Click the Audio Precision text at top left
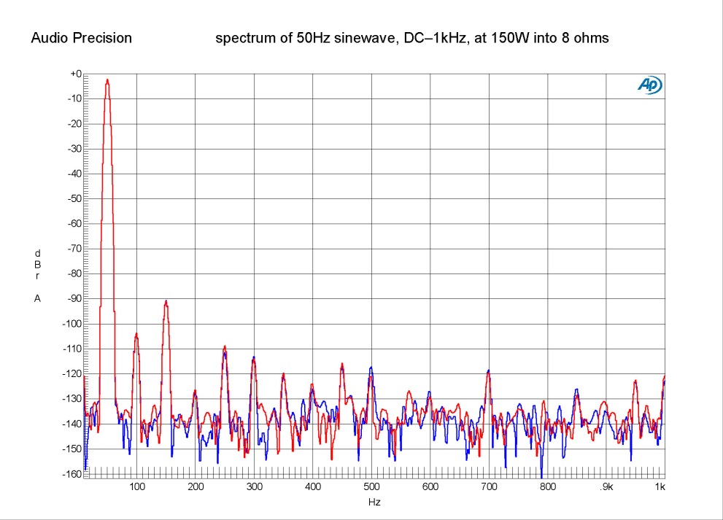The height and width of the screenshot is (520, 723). coord(81,38)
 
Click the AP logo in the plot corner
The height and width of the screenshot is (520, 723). coord(649,85)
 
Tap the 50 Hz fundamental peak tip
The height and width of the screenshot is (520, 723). coord(107,79)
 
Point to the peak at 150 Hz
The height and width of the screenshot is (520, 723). coord(166,300)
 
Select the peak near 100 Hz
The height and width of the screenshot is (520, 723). coord(136,333)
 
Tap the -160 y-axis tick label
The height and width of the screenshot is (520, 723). coord(71,473)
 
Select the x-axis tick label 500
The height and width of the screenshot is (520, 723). coord(371,486)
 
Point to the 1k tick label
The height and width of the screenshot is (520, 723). coord(660,486)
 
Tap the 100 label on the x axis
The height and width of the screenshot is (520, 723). coord(136,486)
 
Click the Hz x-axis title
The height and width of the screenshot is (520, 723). coord(374,502)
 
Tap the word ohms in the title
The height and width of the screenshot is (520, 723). coord(592,38)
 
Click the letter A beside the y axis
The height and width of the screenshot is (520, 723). coord(37,298)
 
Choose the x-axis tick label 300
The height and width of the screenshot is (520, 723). coord(254,486)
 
